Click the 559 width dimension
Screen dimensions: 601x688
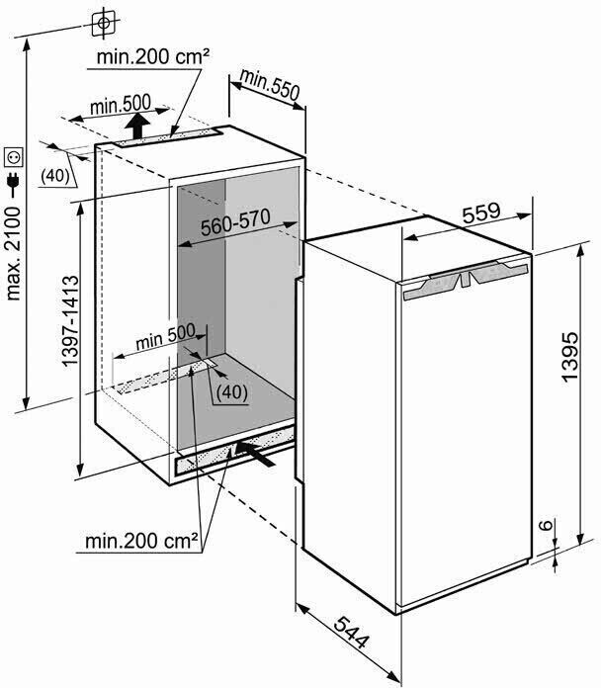(481, 213)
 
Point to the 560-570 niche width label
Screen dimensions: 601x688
(235, 222)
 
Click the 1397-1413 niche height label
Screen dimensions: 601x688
(70, 320)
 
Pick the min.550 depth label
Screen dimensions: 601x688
(269, 84)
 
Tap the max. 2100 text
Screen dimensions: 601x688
(13, 254)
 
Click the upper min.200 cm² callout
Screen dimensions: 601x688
(152, 56)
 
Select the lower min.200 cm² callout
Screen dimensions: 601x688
(141, 541)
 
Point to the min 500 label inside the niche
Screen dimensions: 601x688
(165, 336)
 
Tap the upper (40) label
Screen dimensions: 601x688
(55, 176)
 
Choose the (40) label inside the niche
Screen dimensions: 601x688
(232, 391)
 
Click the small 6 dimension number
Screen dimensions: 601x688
(546, 525)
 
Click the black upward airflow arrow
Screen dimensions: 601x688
(137, 126)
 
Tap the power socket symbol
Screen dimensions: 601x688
(13, 157)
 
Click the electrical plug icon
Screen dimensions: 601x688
(13, 184)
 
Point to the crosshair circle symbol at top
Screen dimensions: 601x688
(103, 23)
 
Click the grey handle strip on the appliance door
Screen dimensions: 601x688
(466, 280)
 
